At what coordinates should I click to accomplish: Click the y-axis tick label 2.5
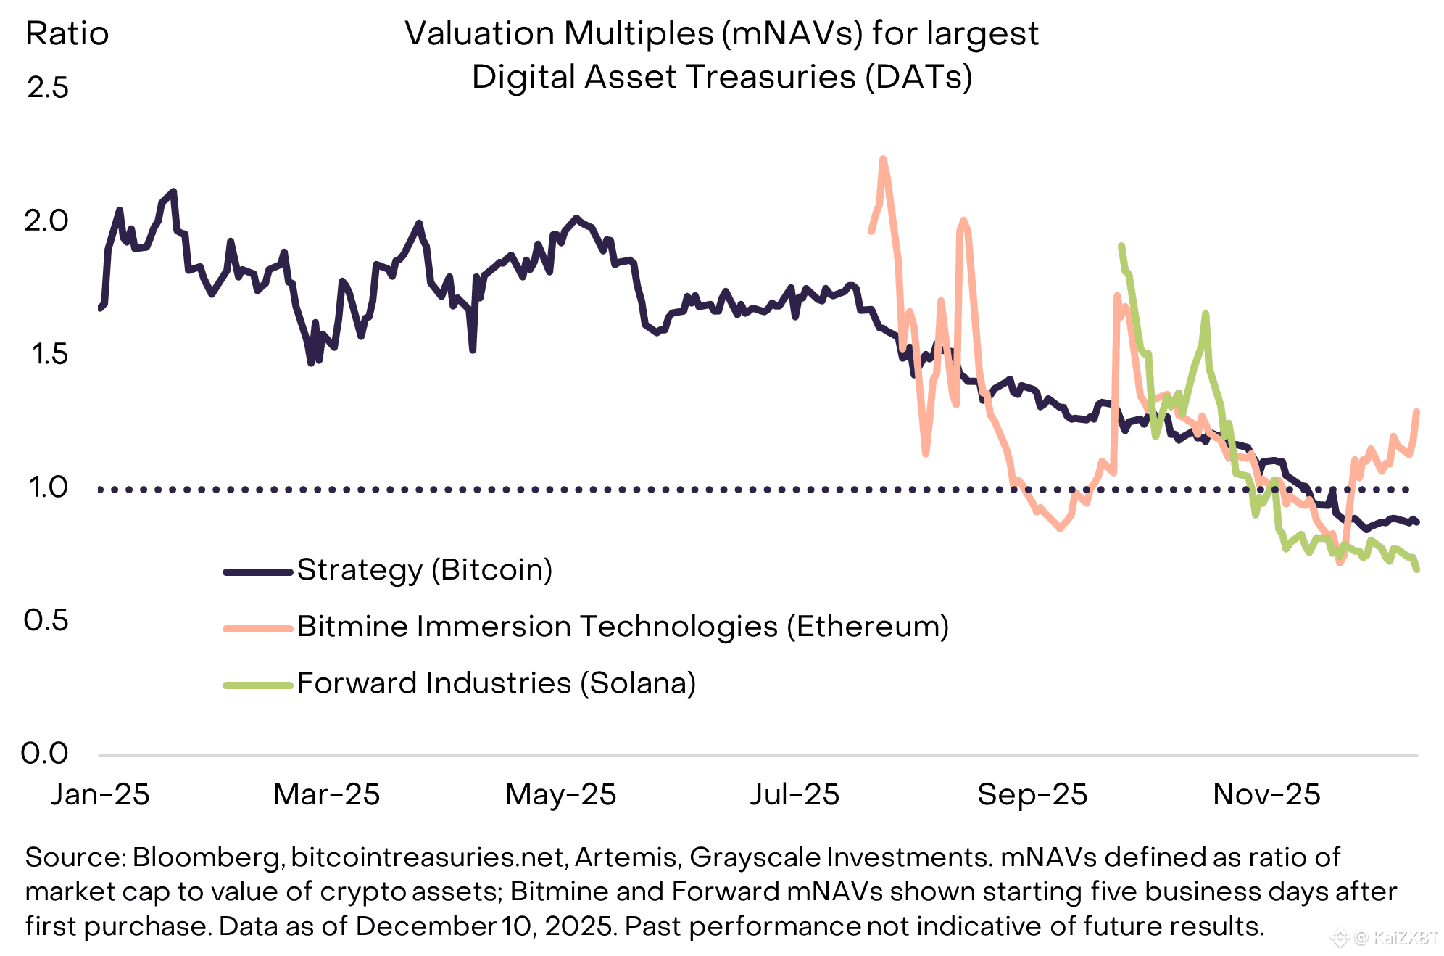coord(48,88)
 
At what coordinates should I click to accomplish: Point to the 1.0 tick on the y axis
coord(48,487)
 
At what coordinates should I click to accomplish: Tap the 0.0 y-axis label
coord(45,754)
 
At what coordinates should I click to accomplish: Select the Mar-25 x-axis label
coord(326,795)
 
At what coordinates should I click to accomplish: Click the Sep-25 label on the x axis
coord(1032,795)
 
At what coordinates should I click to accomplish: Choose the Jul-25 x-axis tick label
coord(794,795)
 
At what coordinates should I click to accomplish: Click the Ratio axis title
coord(67,34)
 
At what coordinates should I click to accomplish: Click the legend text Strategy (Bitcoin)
coord(425,570)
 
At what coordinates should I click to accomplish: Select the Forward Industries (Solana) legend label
coord(497,683)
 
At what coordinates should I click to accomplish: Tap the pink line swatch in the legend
coord(258,628)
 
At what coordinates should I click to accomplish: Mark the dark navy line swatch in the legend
coord(258,572)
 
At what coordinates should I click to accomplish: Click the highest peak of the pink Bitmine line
coord(883,159)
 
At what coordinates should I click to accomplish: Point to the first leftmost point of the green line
coord(1121,246)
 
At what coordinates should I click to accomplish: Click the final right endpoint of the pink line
coord(1416,412)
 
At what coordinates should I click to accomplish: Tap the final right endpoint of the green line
coord(1416,569)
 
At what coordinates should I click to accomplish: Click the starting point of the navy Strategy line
coord(100,308)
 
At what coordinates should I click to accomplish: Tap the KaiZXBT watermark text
coord(1405,938)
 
